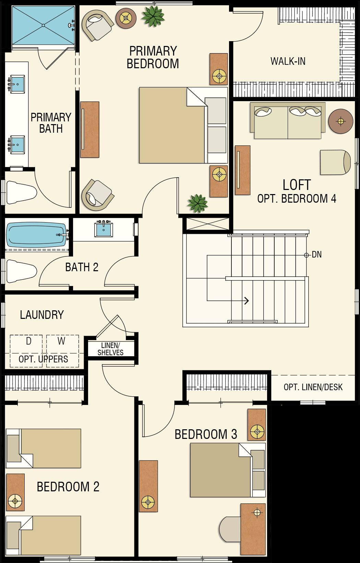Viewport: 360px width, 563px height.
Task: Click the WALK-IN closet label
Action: click(x=288, y=61)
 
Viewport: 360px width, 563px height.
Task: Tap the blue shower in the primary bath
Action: click(x=43, y=25)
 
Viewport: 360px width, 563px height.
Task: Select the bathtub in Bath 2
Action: click(x=36, y=235)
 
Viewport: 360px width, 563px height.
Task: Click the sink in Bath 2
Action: click(x=103, y=229)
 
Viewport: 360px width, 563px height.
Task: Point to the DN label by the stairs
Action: click(x=316, y=255)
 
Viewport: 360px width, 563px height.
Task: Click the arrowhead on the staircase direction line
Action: click(x=247, y=301)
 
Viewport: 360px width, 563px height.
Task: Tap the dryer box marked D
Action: click(x=26, y=351)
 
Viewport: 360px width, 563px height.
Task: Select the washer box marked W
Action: click(x=63, y=351)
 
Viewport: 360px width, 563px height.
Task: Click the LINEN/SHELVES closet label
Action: click(x=110, y=349)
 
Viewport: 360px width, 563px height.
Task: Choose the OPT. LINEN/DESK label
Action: click(x=313, y=387)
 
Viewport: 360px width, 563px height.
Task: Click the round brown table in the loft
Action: click(x=341, y=121)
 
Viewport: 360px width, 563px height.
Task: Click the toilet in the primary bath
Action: click(x=21, y=192)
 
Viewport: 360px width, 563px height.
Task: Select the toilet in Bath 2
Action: click(x=21, y=271)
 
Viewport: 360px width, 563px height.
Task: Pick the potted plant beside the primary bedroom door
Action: click(x=197, y=203)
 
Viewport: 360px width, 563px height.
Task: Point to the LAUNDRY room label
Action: click(x=42, y=315)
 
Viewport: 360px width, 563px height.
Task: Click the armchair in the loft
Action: click(x=335, y=163)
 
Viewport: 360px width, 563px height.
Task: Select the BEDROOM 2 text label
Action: click(x=68, y=487)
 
